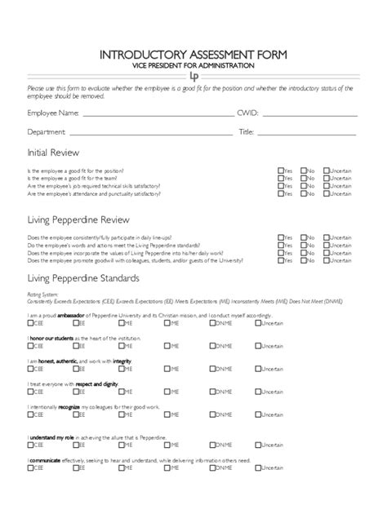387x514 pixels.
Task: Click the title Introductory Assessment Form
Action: (193, 55)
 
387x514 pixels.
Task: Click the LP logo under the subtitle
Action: (193, 76)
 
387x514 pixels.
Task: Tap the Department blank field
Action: (152, 133)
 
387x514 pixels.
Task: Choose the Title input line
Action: (308, 133)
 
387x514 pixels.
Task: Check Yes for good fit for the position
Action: (281, 171)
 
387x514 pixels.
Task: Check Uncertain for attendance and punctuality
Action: (327, 194)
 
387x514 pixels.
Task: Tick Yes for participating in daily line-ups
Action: (281, 237)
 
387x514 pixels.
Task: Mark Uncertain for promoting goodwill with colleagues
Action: (327, 261)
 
